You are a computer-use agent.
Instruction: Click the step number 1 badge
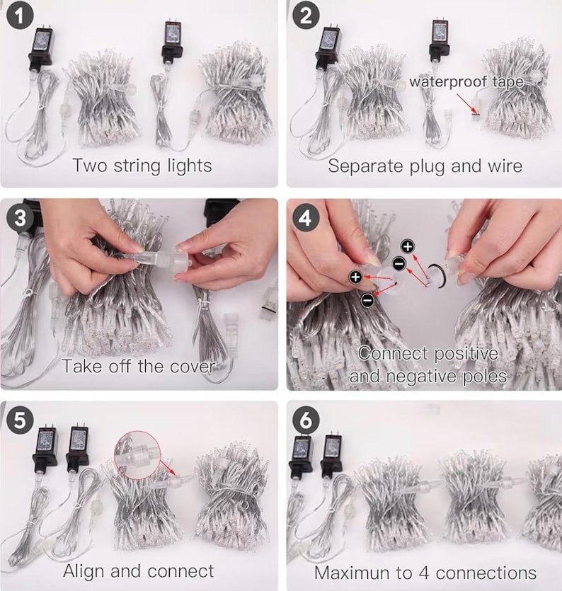20,16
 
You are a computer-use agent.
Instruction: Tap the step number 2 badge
306,16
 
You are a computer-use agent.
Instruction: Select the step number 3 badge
20,218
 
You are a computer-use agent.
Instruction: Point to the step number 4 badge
306,218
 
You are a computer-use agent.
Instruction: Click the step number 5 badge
20,420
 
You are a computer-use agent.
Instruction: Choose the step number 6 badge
306,420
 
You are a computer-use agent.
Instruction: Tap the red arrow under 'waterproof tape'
466,103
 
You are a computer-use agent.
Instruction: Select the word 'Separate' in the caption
365,166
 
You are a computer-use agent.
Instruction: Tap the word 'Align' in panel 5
84,571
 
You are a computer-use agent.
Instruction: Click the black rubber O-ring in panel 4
437,275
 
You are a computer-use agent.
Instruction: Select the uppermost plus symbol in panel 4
408,246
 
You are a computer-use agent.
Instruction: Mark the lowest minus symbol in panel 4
367,300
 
